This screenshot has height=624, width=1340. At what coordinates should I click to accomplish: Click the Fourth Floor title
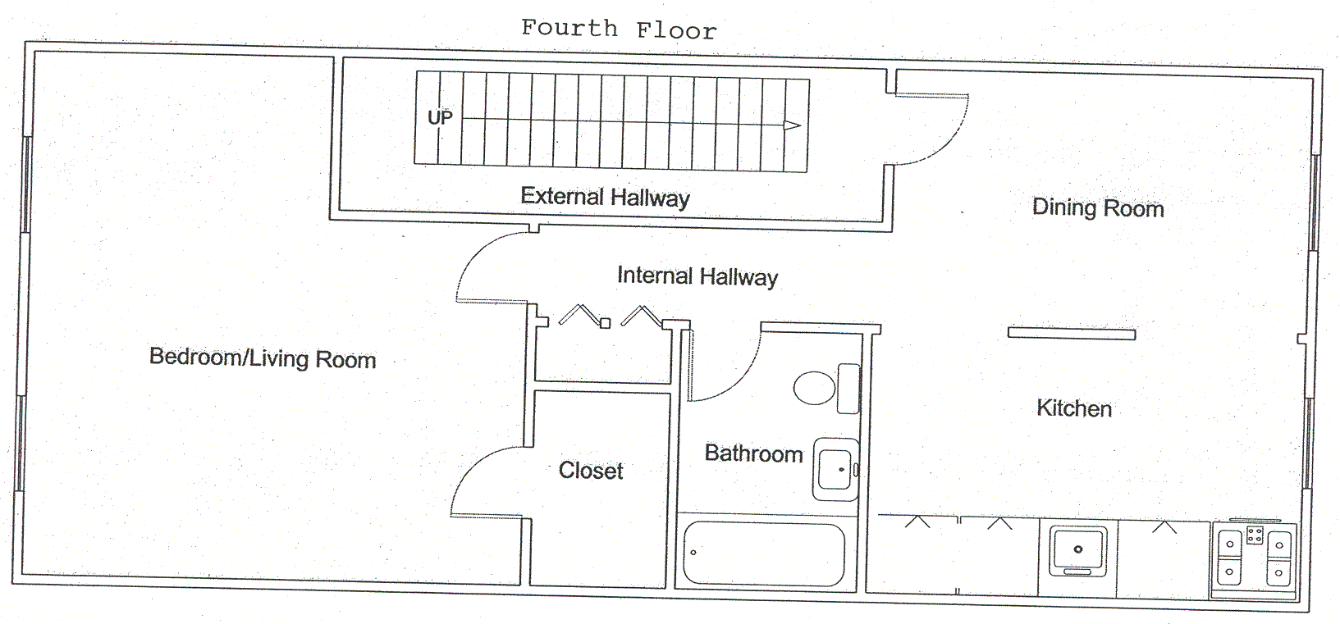(619, 30)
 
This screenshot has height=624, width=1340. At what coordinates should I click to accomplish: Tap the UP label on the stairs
(440, 117)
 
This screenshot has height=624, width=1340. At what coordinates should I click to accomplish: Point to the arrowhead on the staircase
(792, 125)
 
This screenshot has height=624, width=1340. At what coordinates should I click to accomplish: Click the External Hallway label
(605, 197)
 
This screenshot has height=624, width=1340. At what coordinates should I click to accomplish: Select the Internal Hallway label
(697, 276)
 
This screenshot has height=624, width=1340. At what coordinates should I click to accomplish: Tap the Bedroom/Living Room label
(263, 358)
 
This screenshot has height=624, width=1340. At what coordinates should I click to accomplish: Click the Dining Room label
(1097, 207)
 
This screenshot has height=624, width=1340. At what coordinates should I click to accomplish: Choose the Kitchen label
(1073, 408)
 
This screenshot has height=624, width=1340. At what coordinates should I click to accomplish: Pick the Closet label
(591, 471)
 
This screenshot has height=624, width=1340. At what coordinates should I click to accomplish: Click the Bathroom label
(753, 453)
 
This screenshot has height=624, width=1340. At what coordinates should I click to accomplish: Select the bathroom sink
(835, 469)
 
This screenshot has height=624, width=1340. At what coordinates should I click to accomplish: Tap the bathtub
(764, 553)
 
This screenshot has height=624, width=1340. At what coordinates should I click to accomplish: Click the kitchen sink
(1078, 550)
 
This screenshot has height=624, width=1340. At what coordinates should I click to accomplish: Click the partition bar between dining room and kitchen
(1071, 334)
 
